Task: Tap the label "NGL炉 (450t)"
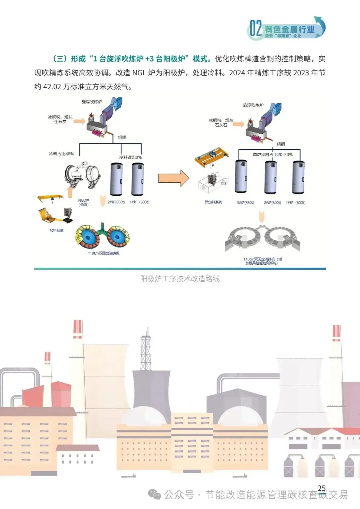83,202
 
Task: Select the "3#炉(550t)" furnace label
245,203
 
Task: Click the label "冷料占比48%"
61,154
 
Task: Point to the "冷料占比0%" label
130,157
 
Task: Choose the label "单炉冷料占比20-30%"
273,155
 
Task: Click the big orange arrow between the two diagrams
173,178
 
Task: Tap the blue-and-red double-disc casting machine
102,236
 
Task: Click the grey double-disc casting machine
262,238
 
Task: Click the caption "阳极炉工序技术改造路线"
180,279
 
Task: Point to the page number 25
322,488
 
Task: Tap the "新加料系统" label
213,202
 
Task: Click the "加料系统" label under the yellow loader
56,230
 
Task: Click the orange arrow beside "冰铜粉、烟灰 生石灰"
79,121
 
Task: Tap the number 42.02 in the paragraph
52,87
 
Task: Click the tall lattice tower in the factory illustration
146,348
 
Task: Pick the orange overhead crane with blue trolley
211,156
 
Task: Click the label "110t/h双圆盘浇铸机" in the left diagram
104,253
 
